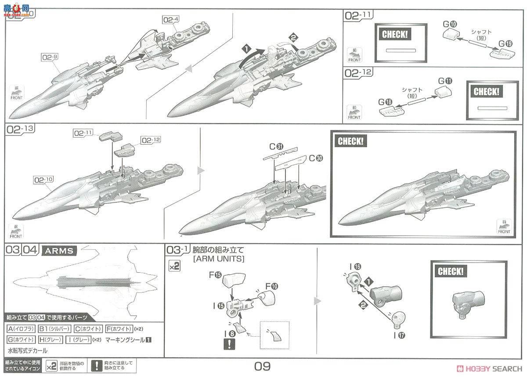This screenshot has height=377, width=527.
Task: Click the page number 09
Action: (x=262, y=366)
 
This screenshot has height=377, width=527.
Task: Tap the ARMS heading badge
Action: (x=59, y=251)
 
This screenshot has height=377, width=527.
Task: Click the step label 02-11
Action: (x=358, y=16)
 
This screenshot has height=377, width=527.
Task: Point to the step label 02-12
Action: (x=358, y=73)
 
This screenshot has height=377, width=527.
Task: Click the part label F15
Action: (x=217, y=275)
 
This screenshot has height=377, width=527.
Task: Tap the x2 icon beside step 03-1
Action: (x=175, y=266)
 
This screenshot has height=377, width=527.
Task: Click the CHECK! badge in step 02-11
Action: (x=395, y=35)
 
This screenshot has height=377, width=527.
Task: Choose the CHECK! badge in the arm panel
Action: (x=450, y=271)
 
